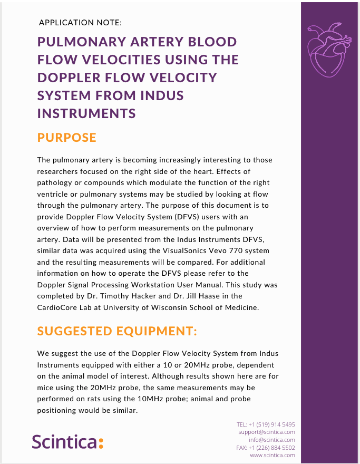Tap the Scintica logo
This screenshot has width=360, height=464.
[x=67, y=441]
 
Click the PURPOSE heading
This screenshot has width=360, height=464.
[x=67, y=138]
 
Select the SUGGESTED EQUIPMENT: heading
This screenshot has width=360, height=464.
[x=117, y=331]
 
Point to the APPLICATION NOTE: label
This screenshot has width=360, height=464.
[x=80, y=23]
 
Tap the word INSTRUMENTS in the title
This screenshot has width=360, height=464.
[x=86, y=113]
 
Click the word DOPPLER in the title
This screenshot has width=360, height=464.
[x=69, y=78]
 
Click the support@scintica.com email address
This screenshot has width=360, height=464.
[x=266, y=432]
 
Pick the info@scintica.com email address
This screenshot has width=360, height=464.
[x=272, y=440]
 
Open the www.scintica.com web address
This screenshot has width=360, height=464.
[x=273, y=455]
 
